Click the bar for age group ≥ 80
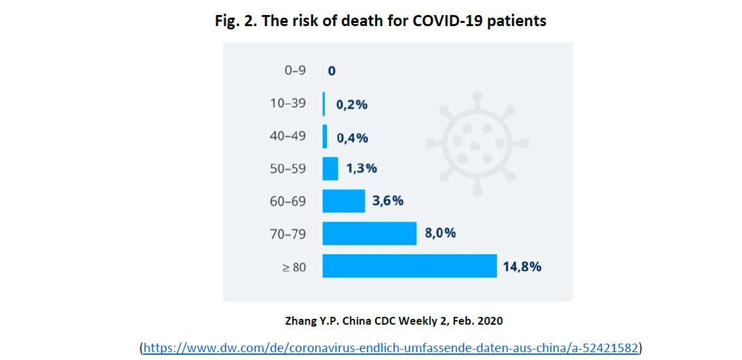click(x=409, y=266)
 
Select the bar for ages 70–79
click(x=369, y=233)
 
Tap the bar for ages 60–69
click(x=344, y=201)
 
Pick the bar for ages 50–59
click(x=330, y=169)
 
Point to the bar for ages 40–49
click(x=325, y=137)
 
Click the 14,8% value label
click(x=522, y=267)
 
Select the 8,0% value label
click(x=440, y=233)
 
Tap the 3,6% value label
click(x=388, y=201)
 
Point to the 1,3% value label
click(x=362, y=169)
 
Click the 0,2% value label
click(x=352, y=105)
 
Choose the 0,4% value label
click(x=352, y=138)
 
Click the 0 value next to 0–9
click(x=331, y=71)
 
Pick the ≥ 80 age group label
click(x=294, y=267)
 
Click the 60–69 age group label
click(x=288, y=201)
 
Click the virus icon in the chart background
click(x=477, y=140)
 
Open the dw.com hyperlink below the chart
click(x=390, y=348)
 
